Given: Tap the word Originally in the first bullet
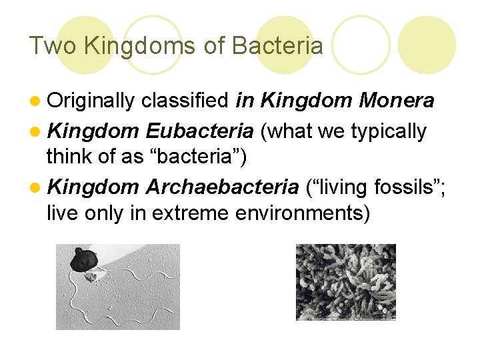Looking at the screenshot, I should click(x=91, y=101).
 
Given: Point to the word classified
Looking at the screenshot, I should click(x=185, y=101).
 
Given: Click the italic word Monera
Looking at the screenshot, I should click(x=397, y=101).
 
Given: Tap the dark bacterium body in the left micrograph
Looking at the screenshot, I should click(x=85, y=260).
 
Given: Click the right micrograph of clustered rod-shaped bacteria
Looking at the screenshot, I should click(x=345, y=281).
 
